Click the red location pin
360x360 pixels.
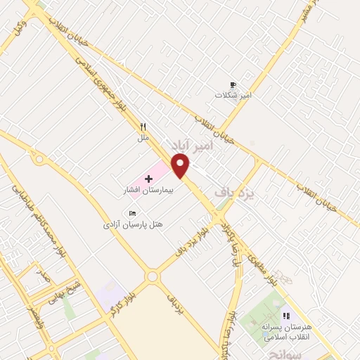(x=181, y=167)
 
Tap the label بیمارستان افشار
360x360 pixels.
(x=149, y=191)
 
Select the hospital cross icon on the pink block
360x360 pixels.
(x=148, y=179)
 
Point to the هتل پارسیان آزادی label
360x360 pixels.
(x=133, y=224)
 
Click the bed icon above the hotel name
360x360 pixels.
(x=131, y=213)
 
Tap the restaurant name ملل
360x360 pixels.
(x=143, y=139)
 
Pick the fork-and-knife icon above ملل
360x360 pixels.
(x=143, y=128)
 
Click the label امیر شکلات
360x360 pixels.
(x=233, y=96)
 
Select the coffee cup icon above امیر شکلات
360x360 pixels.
(x=233, y=85)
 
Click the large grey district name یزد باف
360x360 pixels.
(x=243, y=190)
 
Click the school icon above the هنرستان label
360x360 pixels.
(x=285, y=317)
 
